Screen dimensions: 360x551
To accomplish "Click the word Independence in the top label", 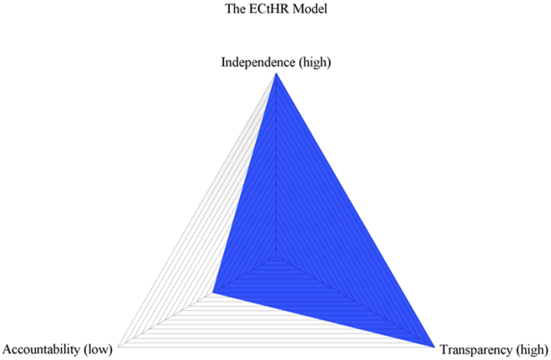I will (x=258, y=62).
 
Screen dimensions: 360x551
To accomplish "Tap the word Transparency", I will (x=476, y=349).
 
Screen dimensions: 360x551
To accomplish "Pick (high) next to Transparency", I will (x=531, y=349).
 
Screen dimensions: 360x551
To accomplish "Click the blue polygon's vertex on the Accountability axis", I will (x=213, y=293).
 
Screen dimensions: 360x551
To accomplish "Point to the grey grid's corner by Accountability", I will (x=119, y=347).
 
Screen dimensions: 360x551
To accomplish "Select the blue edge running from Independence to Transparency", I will (x=354, y=211).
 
